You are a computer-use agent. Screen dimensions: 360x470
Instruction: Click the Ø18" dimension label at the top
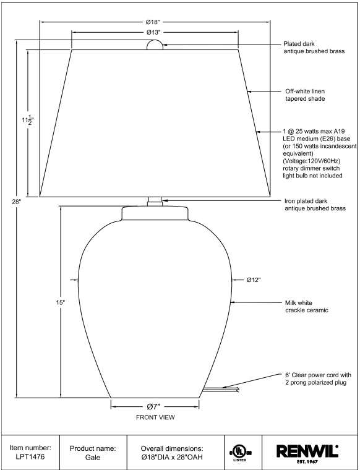(x=153, y=22)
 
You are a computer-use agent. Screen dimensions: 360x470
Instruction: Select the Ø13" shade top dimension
(x=154, y=32)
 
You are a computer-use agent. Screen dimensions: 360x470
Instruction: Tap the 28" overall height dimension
(x=17, y=202)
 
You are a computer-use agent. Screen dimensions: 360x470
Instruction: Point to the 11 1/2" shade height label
(x=28, y=119)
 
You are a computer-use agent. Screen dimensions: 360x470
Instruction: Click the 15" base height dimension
(x=60, y=302)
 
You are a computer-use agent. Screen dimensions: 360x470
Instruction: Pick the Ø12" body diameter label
(x=254, y=280)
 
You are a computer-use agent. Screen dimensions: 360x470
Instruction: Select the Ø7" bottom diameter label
(x=154, y=406)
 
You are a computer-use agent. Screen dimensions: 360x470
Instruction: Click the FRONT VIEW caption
(x=155, y=417)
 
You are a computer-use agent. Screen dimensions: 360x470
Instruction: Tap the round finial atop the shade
(x=155, y=45)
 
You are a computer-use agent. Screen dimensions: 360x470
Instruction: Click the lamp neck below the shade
(x=155, y=202)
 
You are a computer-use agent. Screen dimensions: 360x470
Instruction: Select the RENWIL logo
(x=307, y=453)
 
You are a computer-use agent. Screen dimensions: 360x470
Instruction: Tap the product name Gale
(x=93, y=458)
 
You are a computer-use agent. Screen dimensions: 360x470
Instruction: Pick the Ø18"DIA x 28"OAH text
(x=172, y=458)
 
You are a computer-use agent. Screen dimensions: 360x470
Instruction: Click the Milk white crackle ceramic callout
(x=307, y=307)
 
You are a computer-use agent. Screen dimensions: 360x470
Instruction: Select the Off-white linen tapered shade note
(x=305, y=95)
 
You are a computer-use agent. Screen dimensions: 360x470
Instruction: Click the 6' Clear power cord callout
(x=318, y=379)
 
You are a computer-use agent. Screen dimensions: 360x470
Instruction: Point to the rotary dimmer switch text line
(x=311, y=168)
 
